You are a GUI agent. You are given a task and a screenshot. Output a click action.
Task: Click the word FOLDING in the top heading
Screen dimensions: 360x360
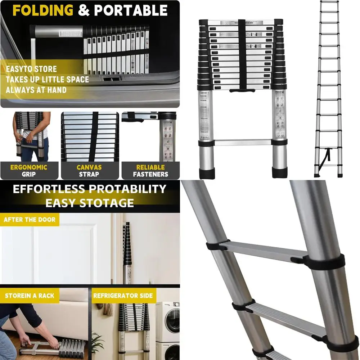coord(43,10)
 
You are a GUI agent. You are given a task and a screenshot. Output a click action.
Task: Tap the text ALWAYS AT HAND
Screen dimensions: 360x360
coord(36,90)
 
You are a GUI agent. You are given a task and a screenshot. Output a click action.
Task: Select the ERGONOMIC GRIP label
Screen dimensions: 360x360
coord(28,171)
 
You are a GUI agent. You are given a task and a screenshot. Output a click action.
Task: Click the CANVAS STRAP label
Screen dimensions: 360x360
coord(89,171)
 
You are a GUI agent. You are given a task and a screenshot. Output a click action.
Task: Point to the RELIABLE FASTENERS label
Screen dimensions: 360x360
coord(150,171)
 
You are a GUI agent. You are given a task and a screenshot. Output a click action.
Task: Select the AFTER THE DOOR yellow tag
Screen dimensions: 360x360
coord(30,220)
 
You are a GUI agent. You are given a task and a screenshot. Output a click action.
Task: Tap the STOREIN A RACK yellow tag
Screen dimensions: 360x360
coord(30,296)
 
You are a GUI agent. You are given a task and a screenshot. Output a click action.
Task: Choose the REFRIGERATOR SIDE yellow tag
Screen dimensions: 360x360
coord(123,296)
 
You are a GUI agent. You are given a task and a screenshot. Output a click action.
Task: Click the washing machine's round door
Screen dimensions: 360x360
coord(172,316)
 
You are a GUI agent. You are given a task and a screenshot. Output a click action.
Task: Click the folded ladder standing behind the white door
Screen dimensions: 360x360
coord(127,252)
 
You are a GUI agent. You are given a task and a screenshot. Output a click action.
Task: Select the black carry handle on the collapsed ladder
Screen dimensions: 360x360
coord(241,89)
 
